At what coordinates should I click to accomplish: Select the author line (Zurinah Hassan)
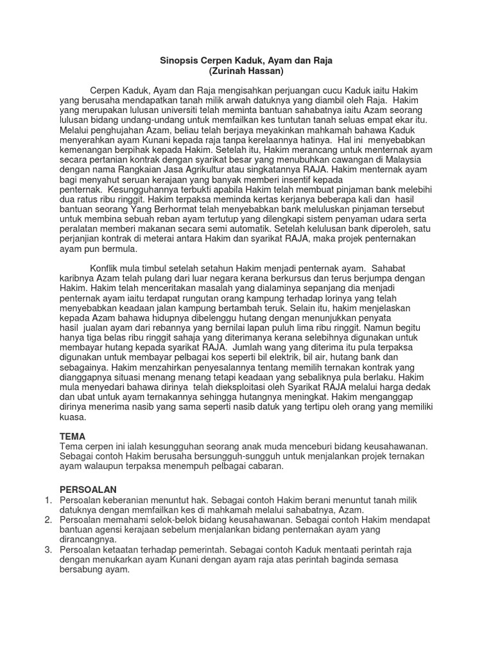246,71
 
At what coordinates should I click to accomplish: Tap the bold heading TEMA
72,436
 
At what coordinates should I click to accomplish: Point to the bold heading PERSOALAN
89,490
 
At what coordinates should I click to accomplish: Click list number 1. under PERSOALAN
48,500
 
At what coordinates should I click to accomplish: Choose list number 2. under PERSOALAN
48,520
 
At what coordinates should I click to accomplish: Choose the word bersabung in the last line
82,569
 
